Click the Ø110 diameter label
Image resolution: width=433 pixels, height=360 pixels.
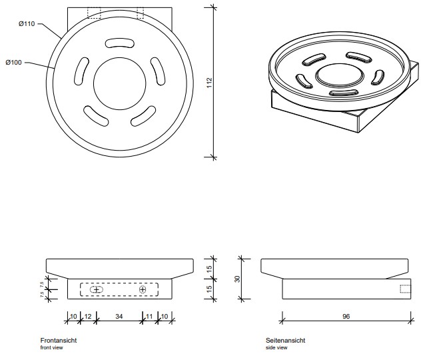click(x=28, y=24)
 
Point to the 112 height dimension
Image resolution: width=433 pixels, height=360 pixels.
click(x=209, y=83)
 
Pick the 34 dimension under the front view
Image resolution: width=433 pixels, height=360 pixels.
click(x=119, y=315)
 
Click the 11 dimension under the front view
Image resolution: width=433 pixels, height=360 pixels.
click(x=149, y=315)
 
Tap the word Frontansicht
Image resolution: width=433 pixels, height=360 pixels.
click(x=59, y=340)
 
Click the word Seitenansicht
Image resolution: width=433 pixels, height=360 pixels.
click(x=286, y=340)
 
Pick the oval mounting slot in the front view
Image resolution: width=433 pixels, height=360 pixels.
click(x=96, y=290)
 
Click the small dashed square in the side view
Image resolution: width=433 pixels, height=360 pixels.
click(x=406, y=289)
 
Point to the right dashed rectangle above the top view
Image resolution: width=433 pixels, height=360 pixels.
click(x=140, y=13)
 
